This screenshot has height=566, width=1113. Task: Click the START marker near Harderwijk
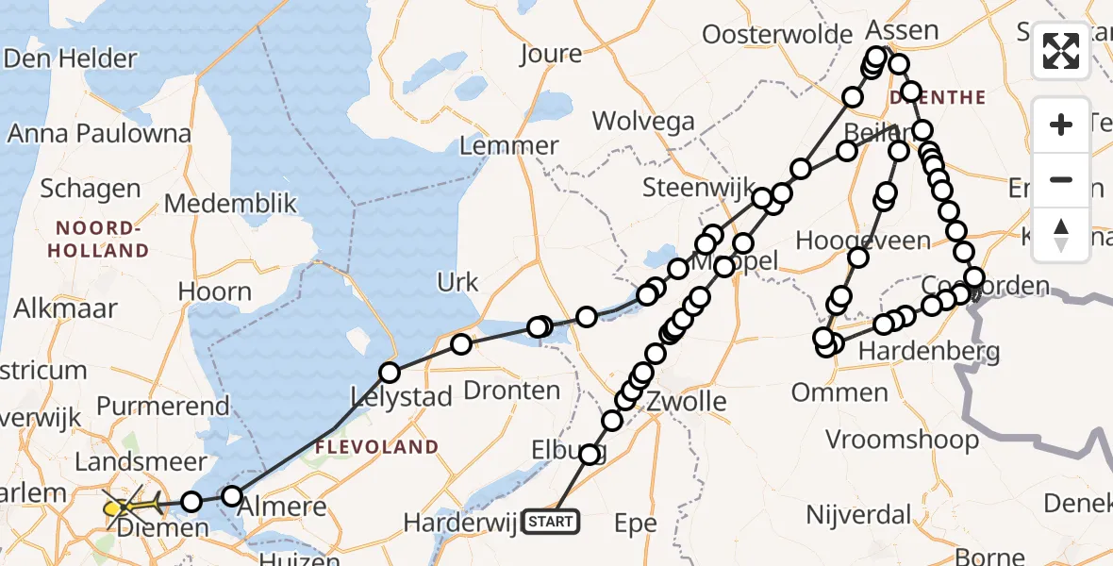(x=550, y=521)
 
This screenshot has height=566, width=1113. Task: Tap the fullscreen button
(x=1061, y=51)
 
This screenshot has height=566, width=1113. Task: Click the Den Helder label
(x=70, y=58)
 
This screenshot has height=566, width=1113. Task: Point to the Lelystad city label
(x=402, y=397)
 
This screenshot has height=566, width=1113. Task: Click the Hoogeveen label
(x=863, y=241)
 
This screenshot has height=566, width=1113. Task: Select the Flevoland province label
(x=377, y=446)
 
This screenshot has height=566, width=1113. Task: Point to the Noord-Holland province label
(x=102, y=240)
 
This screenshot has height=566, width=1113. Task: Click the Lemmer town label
(x=509, y=146)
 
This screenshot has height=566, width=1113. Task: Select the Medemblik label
(x=230, y=204)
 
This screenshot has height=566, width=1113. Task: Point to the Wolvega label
(x=644, y=122)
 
